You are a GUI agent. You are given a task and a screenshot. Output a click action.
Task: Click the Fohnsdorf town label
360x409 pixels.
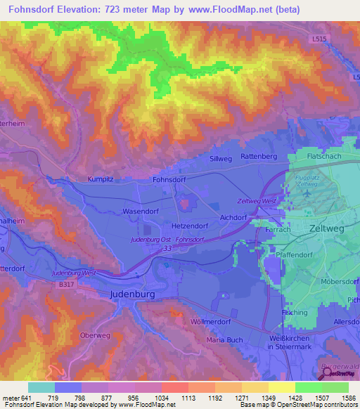pos(172,179)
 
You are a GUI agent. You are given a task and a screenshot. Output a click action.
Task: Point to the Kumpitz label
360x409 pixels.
pos(101,179)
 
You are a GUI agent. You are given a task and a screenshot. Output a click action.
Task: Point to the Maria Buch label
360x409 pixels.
pos(224,342)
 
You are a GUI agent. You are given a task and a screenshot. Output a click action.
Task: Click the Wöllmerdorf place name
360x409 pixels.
pos(213,321)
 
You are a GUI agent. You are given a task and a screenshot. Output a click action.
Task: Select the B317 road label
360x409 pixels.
pos(67,284)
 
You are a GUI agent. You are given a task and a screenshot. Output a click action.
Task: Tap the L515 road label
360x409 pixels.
pos(321,41)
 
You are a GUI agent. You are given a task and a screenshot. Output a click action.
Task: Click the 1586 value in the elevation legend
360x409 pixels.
pos(336,398)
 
